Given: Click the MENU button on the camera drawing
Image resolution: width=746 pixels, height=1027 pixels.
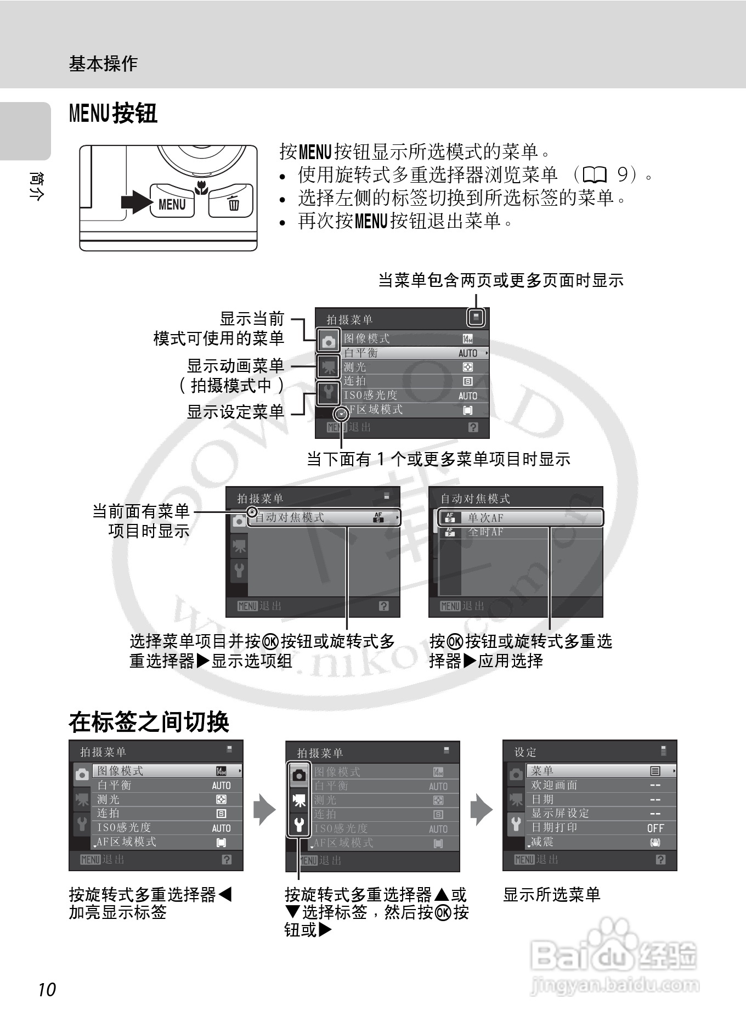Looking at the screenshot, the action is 172,204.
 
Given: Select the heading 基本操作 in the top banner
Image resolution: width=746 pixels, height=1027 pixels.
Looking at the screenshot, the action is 103,64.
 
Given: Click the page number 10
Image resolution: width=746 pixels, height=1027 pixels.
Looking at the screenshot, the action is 47,989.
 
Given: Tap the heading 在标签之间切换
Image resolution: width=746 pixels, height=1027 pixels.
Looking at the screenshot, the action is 149,722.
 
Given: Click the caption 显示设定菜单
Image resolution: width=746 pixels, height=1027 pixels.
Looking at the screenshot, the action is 235,411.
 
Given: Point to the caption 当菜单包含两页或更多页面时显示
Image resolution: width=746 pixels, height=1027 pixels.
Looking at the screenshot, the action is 501,280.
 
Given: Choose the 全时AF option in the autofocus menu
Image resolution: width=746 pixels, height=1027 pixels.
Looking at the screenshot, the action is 485,532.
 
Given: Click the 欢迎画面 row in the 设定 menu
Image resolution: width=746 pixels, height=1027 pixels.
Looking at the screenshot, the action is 554,785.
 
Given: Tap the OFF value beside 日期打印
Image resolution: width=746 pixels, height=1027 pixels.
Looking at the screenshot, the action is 655,828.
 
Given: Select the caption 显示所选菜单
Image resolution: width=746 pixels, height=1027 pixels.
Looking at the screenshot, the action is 552,895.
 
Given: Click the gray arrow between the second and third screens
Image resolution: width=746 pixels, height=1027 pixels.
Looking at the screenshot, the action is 481,809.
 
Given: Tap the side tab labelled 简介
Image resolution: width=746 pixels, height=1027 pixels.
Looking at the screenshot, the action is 35,186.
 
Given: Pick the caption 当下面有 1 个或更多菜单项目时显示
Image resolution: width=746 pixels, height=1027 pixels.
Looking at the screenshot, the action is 438,459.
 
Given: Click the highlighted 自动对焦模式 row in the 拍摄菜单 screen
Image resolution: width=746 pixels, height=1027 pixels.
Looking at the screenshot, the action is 324,517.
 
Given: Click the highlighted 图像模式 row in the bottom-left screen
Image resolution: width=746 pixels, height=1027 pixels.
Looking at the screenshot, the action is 167,771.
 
